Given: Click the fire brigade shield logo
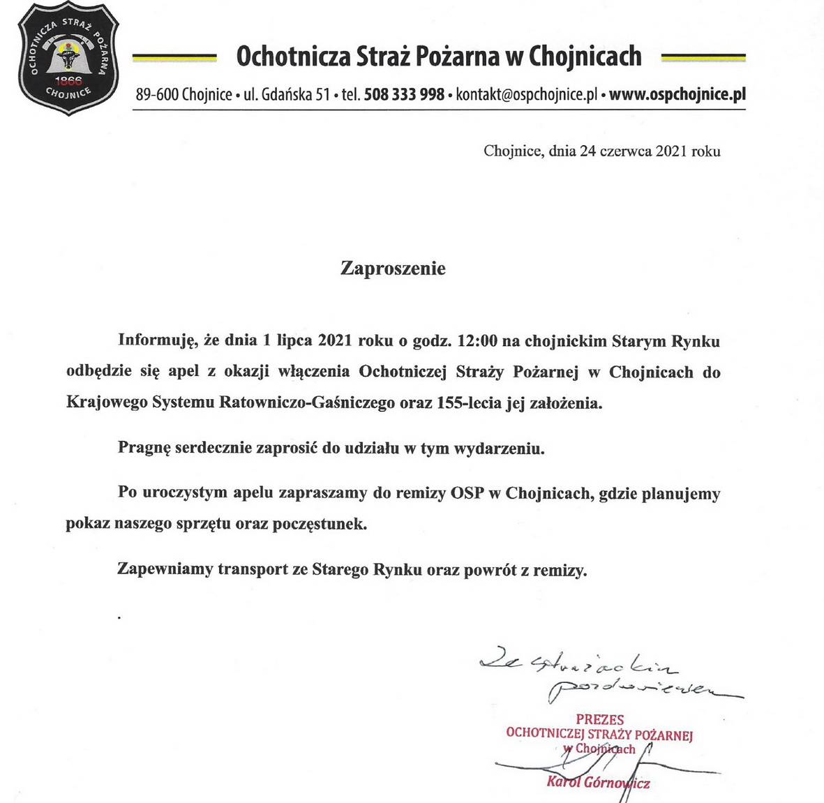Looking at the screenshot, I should (68, 59).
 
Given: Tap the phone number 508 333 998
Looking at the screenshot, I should (404, 94).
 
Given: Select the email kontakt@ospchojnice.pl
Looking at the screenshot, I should (526, 94).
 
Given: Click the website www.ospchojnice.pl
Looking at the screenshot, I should (677, 94).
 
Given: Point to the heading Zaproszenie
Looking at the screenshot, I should (393, 269).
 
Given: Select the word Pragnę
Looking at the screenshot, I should (144, 448).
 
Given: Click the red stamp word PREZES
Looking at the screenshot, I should (599, 719).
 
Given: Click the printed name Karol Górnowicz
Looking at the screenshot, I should (598, 782).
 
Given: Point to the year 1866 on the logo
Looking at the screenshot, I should (68, 79).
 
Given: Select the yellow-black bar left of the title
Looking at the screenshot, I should (174, 57).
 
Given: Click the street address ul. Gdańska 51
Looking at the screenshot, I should (287, 94).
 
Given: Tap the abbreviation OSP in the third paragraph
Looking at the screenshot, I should (467, 493).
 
